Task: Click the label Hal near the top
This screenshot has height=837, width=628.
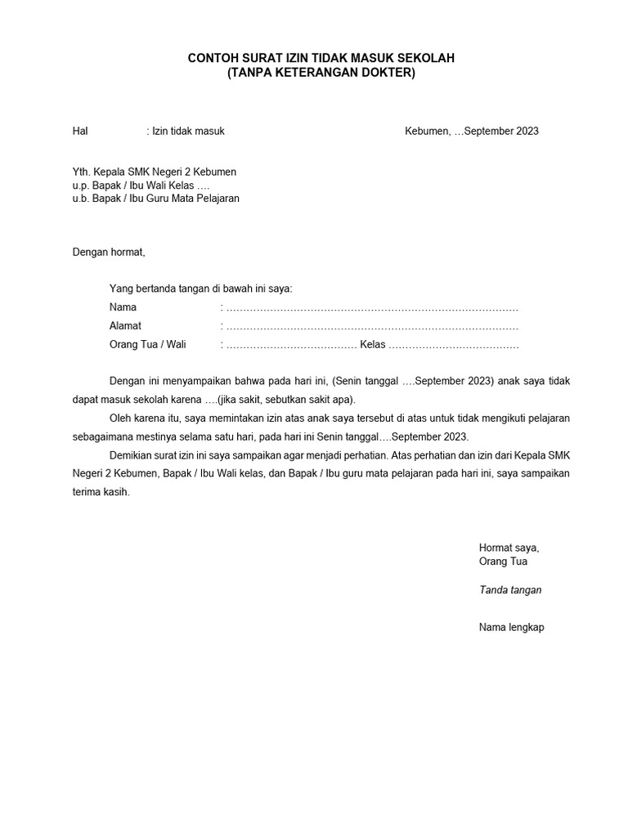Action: (80, 131)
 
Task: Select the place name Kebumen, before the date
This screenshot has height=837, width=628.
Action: (428, 131)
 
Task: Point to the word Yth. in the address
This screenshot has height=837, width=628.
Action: (82, 172)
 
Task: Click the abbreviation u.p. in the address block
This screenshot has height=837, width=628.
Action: (82, 185)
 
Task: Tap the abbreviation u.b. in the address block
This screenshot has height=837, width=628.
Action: (82, 198)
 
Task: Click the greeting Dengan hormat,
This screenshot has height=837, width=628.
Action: (108, 252)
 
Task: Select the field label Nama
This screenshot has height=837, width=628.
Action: (123, 307)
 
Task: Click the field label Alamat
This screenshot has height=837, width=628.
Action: (125, 325)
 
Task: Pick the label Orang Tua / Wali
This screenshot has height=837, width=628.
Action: (148, 344)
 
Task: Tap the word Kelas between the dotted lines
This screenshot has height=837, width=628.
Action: (372, 344)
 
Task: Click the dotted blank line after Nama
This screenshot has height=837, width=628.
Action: (372, 308)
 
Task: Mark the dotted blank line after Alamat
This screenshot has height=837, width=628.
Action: (372, 326)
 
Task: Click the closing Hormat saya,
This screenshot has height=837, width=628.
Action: (509, 548)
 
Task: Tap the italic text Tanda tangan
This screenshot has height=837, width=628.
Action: (510, 590)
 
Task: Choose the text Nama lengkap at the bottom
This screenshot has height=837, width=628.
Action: (511, 627)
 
